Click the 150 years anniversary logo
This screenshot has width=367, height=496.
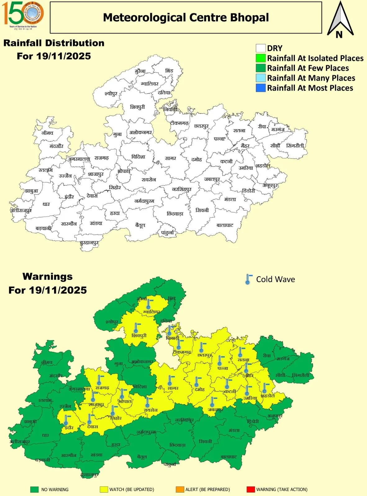pyautogui.click(x=23, y=14)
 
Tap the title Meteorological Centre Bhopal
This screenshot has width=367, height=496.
pyautogui.click(x=186, y=18)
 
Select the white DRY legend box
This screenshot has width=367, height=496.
pyautogui.click(x=261, y=48)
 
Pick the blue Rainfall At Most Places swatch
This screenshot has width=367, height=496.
pyautogui.click(x=261, y=88)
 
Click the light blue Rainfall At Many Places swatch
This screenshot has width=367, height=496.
pyautogui.click(x=261, y=78)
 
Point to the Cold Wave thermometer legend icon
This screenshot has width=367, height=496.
pyautogui.click(x=248, y=279)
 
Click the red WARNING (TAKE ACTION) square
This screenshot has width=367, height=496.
pyautogui.click(x=250, y=489)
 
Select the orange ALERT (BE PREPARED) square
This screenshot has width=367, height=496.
pyautogui.click(x=180, y=489)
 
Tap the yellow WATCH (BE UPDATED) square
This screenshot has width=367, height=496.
pyautogui.click(x=104, y=489)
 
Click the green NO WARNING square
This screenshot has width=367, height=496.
pyautogui.click(x=34, y=489)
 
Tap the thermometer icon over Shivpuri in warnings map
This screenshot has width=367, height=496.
pyautogui.click(x=136, y=328)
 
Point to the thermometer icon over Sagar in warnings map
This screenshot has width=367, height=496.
pyautogui.click(x=170, y=380)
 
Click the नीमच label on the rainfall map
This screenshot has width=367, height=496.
pyautogui.click(x=47, y=133)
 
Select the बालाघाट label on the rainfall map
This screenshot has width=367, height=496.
pyautogui.click(x=225, y=225)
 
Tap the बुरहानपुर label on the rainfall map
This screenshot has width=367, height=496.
pyautogui.click(x=89, y=243)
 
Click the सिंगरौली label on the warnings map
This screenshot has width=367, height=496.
pyautogui.click(x=300, y=375)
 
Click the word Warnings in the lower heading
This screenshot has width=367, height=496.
pyautogui.click(x=48, y=276)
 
